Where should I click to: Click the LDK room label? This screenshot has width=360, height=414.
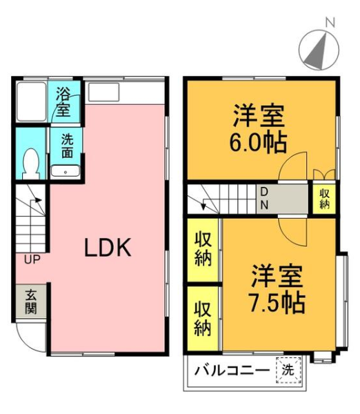pos(108,248)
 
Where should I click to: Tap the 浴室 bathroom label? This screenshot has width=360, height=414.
pos(63,102)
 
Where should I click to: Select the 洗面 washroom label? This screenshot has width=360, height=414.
pos(67,146)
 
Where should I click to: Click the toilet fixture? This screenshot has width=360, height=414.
pos(31,164)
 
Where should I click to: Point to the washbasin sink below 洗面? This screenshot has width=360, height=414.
pos(66,171)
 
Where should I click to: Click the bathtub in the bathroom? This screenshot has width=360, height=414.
pos(32,101)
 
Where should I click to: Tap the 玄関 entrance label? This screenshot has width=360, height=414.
pos(31,302)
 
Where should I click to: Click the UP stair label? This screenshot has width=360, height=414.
pos(32,260)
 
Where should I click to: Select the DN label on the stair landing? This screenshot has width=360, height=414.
pos(264,199)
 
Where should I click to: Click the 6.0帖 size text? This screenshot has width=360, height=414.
pos(258,143)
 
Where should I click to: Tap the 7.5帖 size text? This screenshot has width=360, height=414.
pos(277,303)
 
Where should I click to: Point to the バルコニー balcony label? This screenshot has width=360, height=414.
pos(232,371)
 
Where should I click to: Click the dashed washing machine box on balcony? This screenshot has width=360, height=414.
pos(288,370)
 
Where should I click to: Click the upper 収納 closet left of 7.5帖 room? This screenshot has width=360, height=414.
pos(203,250)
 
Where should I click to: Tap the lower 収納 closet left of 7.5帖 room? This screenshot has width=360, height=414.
pos(203,319)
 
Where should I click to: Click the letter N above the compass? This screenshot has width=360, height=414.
pos(330,23)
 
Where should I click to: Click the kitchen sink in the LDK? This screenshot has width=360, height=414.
pos(104,92)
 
